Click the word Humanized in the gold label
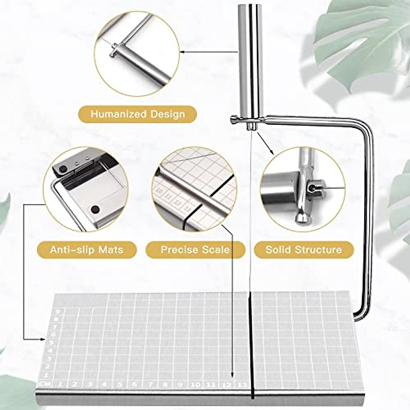pos(113,114)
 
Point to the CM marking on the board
pos(44,384)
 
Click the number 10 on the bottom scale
pos(196,385)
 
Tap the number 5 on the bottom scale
pos(120,385)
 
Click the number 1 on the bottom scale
pos(60,384)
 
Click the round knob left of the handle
pos(234,119)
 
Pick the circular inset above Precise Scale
pos(194,189)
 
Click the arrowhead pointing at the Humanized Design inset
pos(182,52)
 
